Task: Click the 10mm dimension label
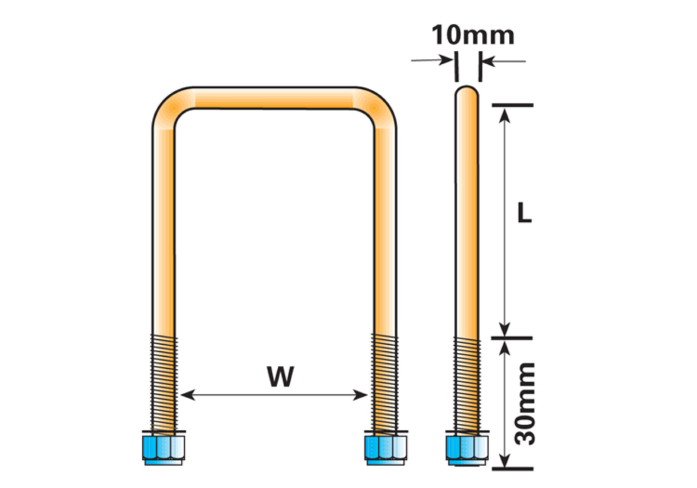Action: point(473,35)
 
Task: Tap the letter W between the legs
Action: point(280,376)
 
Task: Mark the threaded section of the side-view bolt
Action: point(467,383)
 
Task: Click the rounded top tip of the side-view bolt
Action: point(467,92)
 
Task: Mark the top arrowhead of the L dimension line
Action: point(504,114)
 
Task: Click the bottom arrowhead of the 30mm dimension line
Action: point(504,462)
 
